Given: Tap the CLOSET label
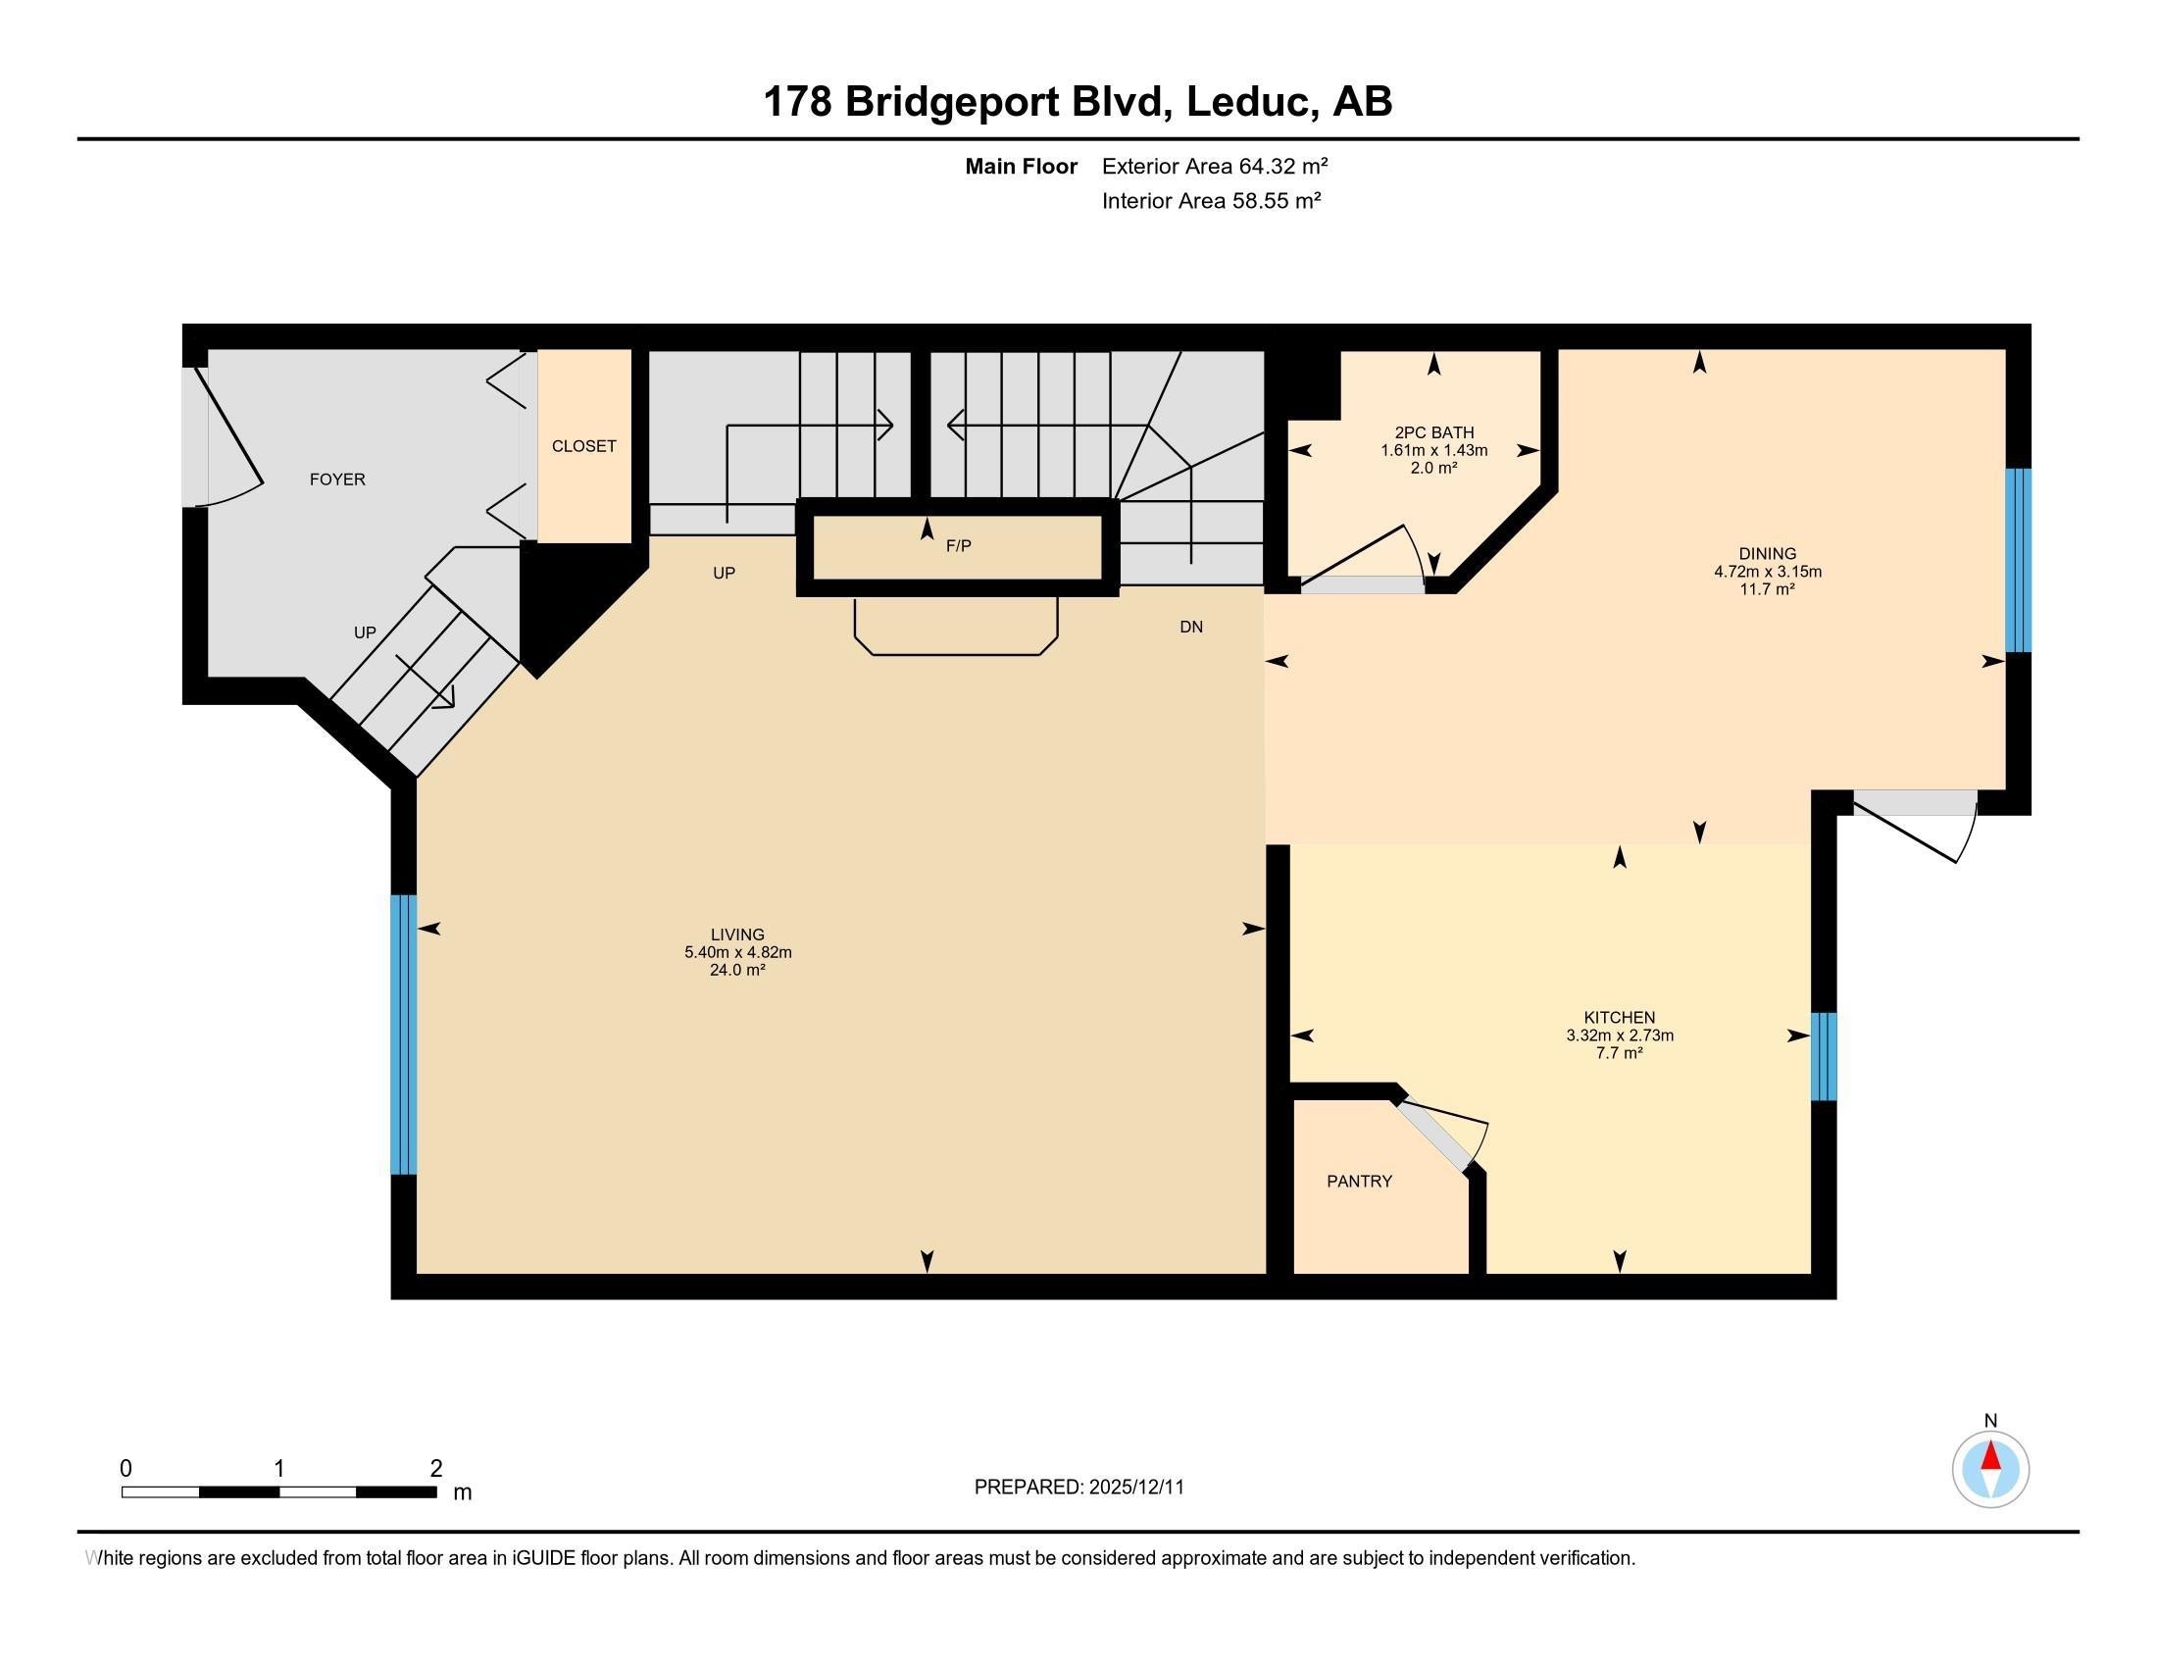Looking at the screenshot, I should pos(583,446).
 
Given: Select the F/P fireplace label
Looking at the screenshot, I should pos(958,546).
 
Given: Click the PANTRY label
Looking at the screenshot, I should pos(1359,1182).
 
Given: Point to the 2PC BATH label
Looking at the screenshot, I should pos(1434,432).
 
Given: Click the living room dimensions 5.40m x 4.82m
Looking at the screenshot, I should pos(737,953).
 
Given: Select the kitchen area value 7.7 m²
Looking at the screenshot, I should pos(1619,1054).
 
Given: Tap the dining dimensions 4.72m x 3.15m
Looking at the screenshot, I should pos(1767,572).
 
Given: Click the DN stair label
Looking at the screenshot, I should pos(1191,628).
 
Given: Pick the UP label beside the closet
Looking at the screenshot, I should pos(724,574).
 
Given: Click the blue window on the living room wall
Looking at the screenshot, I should pos(403,1034).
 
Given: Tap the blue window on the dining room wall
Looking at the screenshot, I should pos(2018,560).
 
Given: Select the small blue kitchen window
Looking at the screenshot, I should pos(1824,1056).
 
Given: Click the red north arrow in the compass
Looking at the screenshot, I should pos(1990,1457).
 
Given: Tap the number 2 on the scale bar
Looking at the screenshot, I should pos(435,1469).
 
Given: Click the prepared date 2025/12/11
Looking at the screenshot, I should pos(1134,1488).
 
